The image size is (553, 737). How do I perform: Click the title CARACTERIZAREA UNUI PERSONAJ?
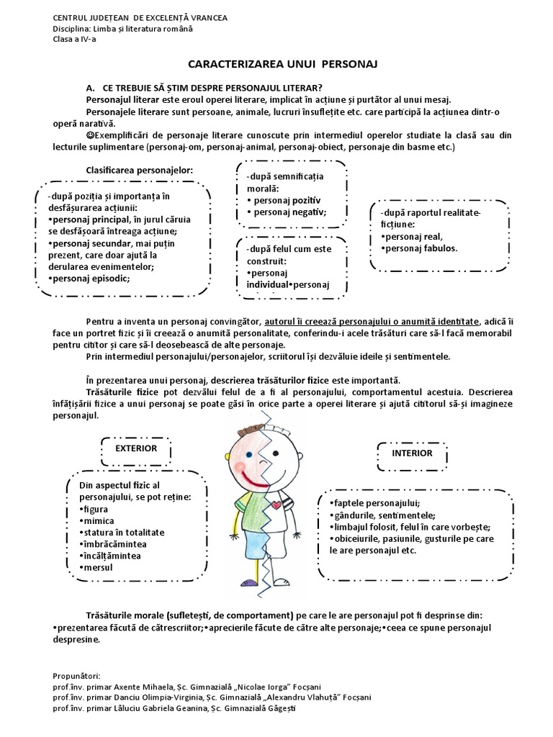[277, 64]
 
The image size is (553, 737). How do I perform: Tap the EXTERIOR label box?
[137, 448]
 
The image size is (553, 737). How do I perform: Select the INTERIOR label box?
[412, 453]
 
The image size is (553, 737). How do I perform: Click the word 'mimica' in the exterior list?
[99, 520]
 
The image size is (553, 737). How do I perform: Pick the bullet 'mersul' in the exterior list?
[99, 568]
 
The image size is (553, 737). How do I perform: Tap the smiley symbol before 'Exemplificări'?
[90, 135]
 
